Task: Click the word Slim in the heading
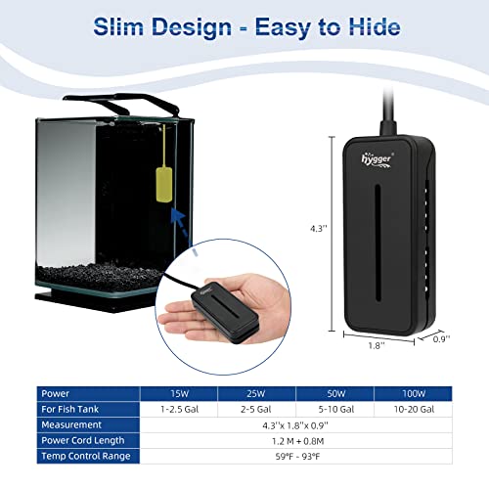pyautogui.click(x=118, y=26)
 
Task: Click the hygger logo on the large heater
pyautogui.click(x=377, y=159)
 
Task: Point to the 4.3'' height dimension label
pyautogui.click(x=319, y=228)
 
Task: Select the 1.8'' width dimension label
pyautogui.click(x=377, y=345)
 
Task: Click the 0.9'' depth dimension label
pyautogui.click(x=441, y=339)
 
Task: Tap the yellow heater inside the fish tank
pyautogui.click(x=164, y=184)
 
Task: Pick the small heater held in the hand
pyautogui.click(x=225, y=312)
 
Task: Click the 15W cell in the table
pyautogui.click(x=179, y=394)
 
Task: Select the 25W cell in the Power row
pyautogui.click(x=256, y=394)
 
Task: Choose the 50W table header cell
pyautogui.click(x=335, y=394)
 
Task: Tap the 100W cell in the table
pyautogui.click(x=414, y=394)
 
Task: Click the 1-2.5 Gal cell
pyautogui.click(x=179, y=410)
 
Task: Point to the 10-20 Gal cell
pyautogui.click(x=414, y=410)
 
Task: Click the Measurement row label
pyautogui.click(x=71, y=424)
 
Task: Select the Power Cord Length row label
pyautogui.click(x=83, y=440)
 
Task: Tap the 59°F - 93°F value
pyautogui.click(x=297, y=457)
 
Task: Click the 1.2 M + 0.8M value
pyautogui.click(x=297, y=441)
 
